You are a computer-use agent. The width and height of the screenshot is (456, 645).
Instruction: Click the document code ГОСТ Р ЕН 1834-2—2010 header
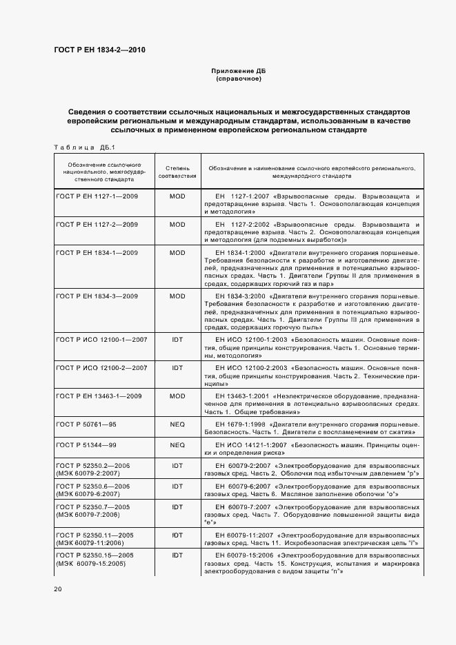(99, 49)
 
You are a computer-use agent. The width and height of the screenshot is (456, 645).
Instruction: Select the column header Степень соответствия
(177, 172)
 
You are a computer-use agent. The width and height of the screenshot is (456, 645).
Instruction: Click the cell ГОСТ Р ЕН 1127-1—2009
(97, 196)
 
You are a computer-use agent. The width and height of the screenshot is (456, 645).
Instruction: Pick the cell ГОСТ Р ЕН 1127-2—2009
(97, 225)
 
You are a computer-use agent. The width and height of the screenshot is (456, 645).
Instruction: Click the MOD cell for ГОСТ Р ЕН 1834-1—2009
(177, 253)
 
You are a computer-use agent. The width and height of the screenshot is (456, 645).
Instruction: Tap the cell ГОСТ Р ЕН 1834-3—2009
(97, 296)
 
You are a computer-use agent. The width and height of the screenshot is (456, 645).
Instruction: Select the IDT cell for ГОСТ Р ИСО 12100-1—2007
(177, 339)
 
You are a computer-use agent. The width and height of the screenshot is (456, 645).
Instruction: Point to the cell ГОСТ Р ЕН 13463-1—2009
(99, 396)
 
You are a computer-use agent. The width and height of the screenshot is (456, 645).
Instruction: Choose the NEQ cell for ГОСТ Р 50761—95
(177, 425)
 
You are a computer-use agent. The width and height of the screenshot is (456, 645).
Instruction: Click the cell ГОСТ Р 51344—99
(85, 445)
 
